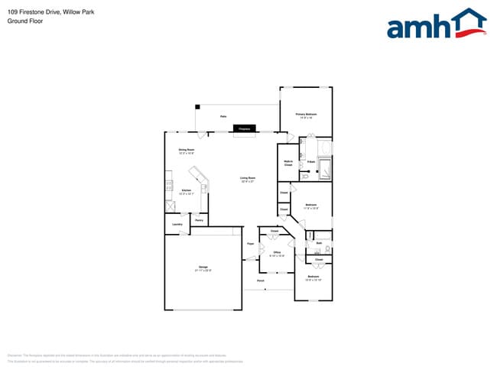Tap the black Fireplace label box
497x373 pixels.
point(245,129)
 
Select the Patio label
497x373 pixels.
point(223,116)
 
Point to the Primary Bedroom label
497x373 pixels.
point(306,115)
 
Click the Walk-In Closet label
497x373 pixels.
point(289,163)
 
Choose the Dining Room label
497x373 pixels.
point(186,151)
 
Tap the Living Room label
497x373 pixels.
point(248,180)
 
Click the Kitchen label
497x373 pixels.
point(187,192)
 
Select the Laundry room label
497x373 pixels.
point(177,224)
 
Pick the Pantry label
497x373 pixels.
point(199,220)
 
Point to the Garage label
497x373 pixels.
point(202,268)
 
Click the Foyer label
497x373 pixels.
point(249,244)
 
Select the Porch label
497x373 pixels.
point(260,281)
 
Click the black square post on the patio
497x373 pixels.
point(197,106)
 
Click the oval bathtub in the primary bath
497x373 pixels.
point(324,147)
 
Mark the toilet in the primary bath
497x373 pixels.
point(304,176)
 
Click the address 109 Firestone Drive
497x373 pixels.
point(31,12)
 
